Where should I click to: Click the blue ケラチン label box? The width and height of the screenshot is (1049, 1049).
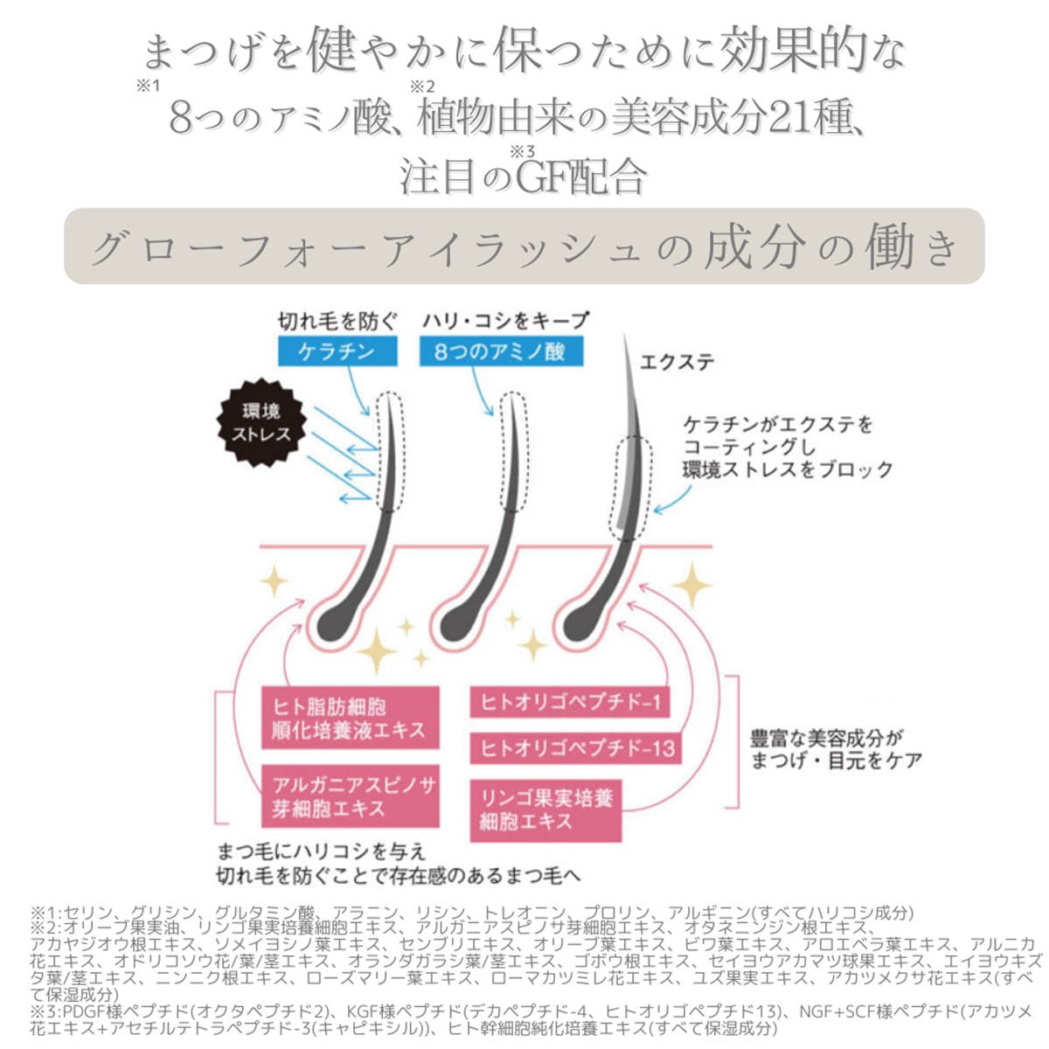pos(336,352)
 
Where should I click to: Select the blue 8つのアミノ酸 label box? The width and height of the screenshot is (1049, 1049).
pos(500,352)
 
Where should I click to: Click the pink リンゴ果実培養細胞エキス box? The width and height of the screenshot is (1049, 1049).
pos(545,810)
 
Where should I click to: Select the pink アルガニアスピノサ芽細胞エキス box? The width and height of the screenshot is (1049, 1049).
pos(351,796)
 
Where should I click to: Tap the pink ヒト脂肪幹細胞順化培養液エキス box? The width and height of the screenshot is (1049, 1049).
pos(350,718)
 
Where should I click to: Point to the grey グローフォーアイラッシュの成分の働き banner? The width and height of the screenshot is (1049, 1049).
pos(524,247)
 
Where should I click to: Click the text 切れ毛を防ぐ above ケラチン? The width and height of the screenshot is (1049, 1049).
pos(337,321)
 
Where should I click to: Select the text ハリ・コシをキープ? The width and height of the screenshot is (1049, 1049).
pos(504,321)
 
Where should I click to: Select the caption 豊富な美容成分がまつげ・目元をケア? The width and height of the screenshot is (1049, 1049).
pos(836,749)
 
